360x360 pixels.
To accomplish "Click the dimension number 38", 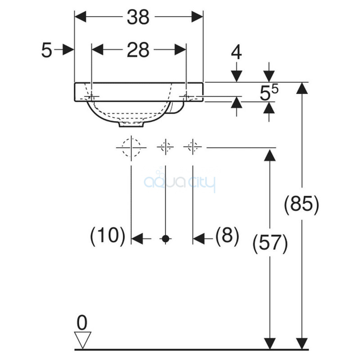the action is tap(138, 17).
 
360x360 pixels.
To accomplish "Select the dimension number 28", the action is tap(138, 49).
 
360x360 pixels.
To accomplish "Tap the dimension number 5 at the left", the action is tap(47, 50).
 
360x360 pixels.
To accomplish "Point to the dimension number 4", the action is tap(236, 52).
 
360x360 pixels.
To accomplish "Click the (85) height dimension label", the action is tap(301, 204).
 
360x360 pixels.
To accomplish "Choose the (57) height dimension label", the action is tap(270, 243).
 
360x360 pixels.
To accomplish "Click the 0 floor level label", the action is tap(82, 323).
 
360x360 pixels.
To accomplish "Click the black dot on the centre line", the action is tap(165, 239).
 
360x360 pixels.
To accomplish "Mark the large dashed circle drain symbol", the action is tap(131, 148).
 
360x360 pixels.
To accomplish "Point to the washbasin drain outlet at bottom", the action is tap(131, 125).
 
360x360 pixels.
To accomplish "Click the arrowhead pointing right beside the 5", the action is tap(68, 49).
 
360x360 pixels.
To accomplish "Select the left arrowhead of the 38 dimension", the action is tap(81, 17).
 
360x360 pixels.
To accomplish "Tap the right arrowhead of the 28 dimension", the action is tap(180, 49).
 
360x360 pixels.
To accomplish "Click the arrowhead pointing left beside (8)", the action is tap(199, 239).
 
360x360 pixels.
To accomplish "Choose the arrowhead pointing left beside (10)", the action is tap(138, 239).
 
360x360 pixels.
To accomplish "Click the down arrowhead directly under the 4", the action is tap(237, 76).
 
